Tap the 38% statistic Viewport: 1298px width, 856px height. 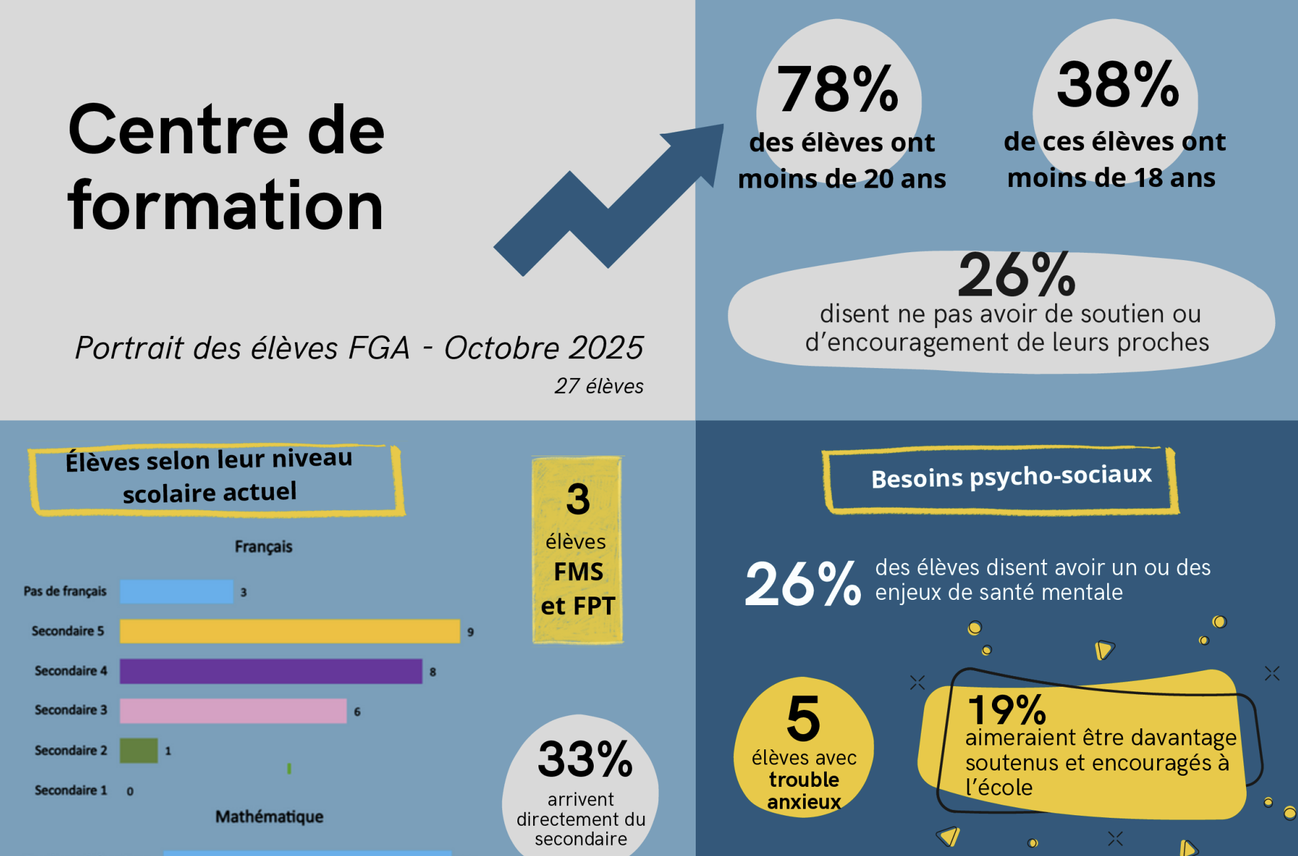(1118, 85)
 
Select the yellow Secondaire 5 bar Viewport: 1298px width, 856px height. (290, 631)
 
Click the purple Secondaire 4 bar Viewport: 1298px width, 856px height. (271, 671)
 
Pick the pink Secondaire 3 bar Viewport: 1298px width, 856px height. (233, 710)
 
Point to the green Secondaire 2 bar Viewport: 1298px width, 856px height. (138, 751)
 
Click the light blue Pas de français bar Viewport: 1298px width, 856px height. (176, 591)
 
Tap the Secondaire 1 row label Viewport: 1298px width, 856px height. (70, 790)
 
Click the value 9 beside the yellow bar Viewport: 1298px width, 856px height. (471, 632)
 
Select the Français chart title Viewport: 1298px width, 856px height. (263, 547)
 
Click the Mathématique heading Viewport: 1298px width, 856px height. (269, 816)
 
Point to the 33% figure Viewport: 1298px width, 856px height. (585, 759)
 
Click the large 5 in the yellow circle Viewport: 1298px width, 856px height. (804, 718)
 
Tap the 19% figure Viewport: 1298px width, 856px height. (1006, 710)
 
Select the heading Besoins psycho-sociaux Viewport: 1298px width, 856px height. (1011, 477)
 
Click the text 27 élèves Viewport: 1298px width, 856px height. (598, 386)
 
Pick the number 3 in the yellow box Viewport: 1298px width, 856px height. (578, 499)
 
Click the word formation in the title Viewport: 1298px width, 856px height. (225, 206)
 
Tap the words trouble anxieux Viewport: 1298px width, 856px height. (804, 791)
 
